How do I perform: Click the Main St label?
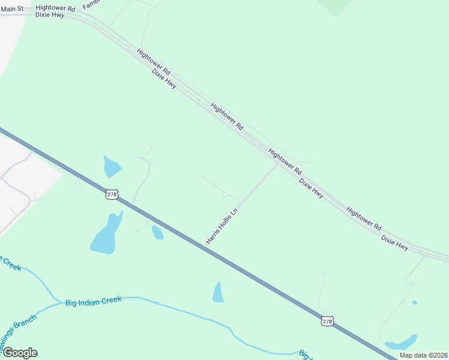click(x=12, y=9)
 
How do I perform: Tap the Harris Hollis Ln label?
click(x=222, y=226)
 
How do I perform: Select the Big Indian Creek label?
click(x=93, y=301)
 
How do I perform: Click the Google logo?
click(x=19, y=353)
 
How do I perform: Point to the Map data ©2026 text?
click(x=424, y=355)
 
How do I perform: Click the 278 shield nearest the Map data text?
click(x=327, y=322)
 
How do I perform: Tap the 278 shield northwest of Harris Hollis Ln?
click(x=112, y=194)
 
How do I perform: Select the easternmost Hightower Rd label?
click(x=364, y=219)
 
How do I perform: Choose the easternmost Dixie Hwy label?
click(x=395, y=242)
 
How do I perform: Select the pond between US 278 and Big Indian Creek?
click(x=218, y=293)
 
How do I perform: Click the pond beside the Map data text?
click(x=400, y=344)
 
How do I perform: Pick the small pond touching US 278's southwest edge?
click(x=157, y=232)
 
